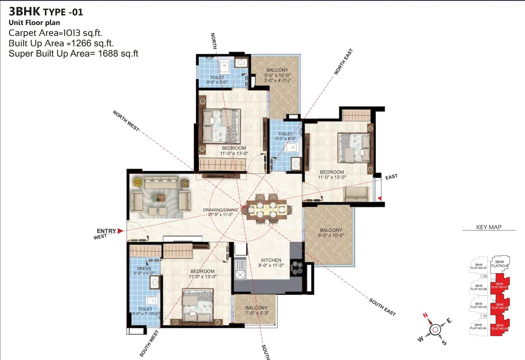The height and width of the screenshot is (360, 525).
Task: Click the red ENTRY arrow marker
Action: tap(120, 231)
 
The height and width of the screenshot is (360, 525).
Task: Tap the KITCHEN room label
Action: tap(271, 260)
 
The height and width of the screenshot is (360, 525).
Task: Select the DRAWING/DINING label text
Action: tap(220, 210)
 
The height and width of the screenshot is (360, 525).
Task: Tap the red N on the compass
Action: tap(425, 315)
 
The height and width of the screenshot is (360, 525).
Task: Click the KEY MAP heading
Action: tap(489, 227)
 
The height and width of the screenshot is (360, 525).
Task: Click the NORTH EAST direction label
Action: tap(343, 62)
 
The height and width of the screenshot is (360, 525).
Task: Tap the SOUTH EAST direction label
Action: tap(383, 307)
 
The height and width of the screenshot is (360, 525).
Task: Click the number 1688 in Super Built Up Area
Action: tap(108, 53)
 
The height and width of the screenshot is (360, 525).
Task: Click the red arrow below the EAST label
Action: tap(380, 199)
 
